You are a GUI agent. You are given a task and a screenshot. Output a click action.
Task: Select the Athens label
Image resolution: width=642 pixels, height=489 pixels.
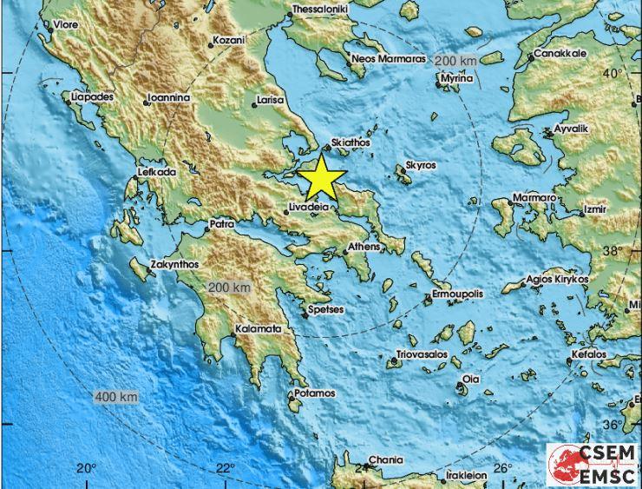364,248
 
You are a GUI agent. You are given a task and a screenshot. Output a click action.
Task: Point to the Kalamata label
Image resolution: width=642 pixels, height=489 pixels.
259,329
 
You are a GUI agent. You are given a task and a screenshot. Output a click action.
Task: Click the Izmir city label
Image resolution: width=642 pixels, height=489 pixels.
595,209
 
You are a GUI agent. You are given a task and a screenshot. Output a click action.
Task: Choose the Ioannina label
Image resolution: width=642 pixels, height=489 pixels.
168,98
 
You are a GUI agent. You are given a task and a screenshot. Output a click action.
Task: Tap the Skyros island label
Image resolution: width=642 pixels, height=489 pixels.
421,165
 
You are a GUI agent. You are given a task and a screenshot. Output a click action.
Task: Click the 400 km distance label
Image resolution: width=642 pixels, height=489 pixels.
116,397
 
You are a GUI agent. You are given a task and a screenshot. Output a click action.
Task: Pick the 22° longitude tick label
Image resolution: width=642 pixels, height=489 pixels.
225,469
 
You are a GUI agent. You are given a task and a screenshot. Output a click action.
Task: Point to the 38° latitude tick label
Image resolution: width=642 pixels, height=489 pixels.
613,250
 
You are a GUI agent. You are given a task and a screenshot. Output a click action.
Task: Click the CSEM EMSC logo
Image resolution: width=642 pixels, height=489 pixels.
593,465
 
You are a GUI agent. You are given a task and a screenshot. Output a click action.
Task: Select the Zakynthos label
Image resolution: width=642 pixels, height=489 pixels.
175,264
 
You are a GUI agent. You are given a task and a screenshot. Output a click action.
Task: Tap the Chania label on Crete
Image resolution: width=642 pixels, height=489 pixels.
385,459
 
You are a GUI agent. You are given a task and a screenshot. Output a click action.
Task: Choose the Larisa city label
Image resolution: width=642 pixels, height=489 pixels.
271,100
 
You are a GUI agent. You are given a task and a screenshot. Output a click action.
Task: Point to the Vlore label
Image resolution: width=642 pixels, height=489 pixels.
66,25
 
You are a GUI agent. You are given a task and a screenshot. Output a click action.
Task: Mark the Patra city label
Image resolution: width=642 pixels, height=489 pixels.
222,224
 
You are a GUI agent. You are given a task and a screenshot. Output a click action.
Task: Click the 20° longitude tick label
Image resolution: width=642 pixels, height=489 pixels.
85,469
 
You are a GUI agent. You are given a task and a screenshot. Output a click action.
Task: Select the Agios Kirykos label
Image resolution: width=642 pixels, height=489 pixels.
557,279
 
